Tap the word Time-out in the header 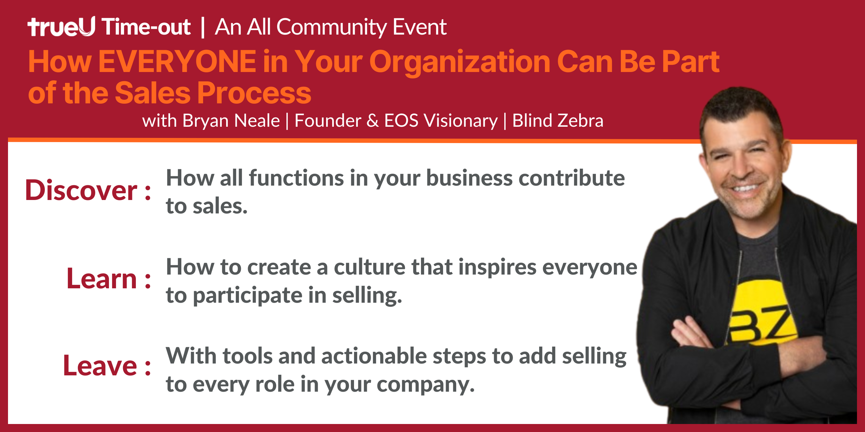click(146, 27)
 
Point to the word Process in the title click(254, 93)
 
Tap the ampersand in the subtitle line click(372, 121)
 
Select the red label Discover click(81, 190)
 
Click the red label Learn click(102, 278)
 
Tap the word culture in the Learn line click(370, 267)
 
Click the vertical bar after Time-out click(202, 28)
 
